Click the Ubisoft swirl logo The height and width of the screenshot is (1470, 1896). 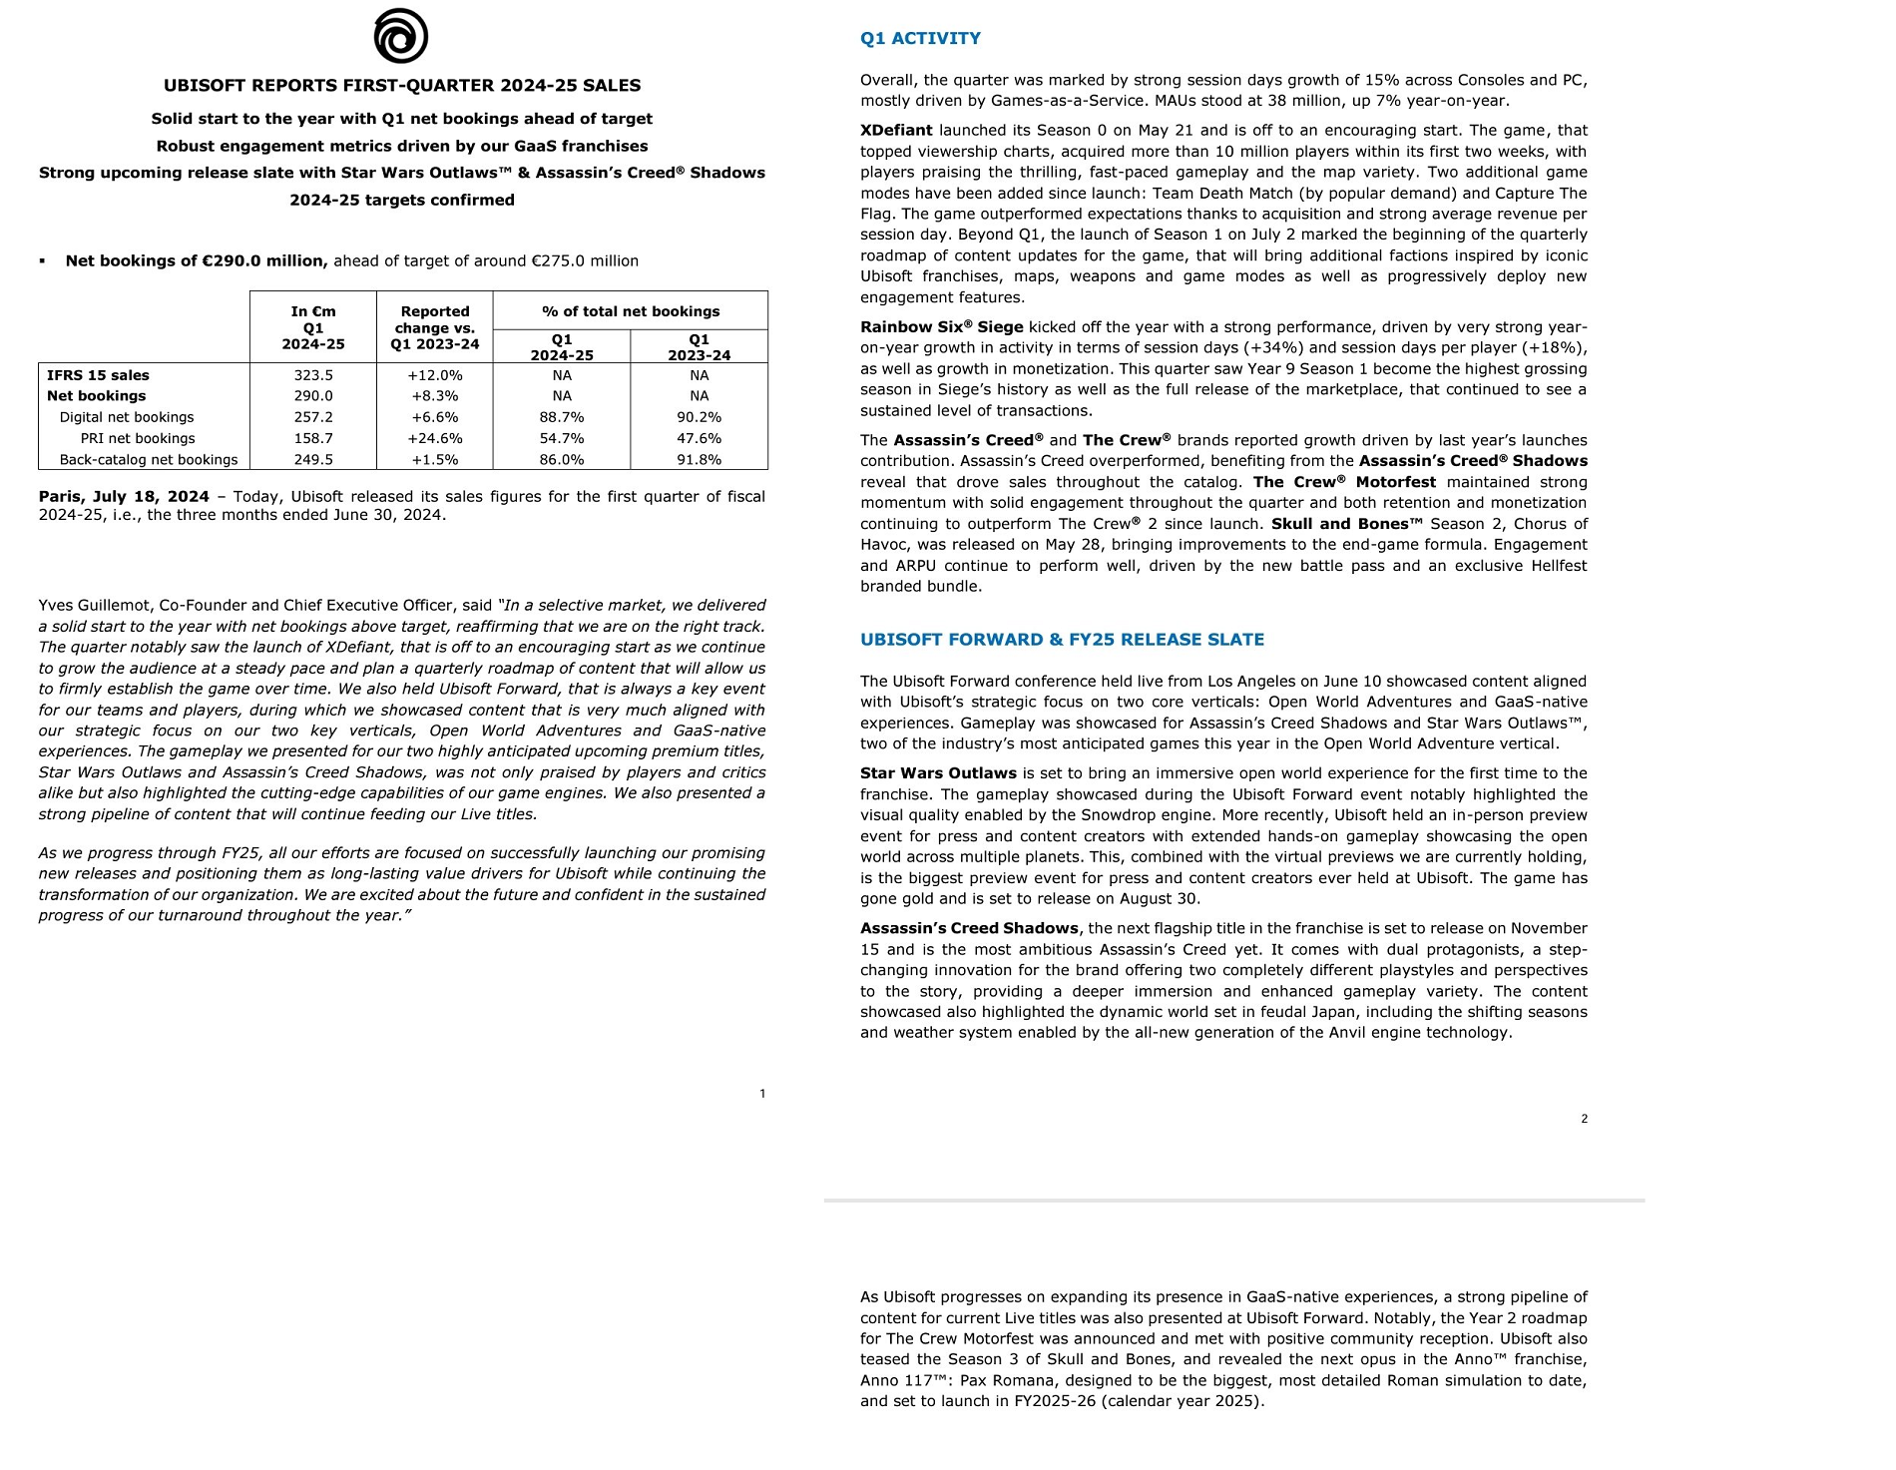(401, 37)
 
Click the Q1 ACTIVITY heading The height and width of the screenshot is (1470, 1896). (920, 39)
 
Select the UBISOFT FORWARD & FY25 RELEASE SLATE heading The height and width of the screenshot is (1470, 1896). (1062, 640)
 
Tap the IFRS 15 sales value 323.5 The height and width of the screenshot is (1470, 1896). (313, 375)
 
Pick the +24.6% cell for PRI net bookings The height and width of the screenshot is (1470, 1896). (435, 438)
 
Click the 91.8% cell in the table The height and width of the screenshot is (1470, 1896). (699, 460)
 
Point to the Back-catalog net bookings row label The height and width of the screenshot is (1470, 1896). (149, 460)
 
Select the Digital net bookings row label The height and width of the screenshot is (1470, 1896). (127, 417)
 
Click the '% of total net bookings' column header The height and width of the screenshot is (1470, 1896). (631, 311)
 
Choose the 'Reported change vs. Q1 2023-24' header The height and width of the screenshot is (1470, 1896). (435, 327)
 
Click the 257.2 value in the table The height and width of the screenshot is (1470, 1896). (313, 417)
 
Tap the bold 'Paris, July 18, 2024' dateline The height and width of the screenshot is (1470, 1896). (124, 497)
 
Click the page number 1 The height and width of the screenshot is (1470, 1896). (762, 1094)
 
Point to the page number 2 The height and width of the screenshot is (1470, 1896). (1584, 1119)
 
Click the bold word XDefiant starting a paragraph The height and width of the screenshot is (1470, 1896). (896, 131)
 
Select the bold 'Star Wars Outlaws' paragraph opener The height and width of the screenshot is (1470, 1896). (938, 773)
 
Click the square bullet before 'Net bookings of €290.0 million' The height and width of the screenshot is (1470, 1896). (43, 261)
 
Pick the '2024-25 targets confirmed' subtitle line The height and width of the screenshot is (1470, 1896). (402, 200)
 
